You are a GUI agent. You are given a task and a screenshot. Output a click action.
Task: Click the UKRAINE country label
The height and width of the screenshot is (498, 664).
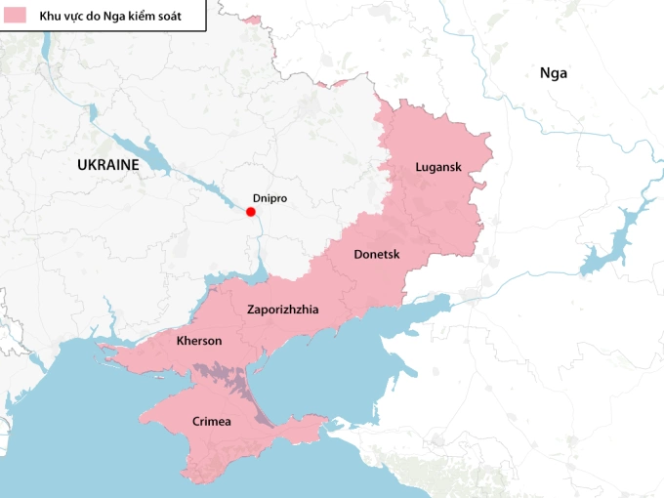coord(107,165)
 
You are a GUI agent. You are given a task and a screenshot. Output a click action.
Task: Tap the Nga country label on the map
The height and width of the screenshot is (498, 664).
coord(553,72)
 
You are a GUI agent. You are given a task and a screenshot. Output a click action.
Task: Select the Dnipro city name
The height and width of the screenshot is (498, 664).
coord(270,196)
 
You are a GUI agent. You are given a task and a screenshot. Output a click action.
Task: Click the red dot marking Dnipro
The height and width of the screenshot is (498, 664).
coord(251,212)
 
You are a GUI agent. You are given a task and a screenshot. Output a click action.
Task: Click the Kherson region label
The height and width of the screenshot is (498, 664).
coord(198,341)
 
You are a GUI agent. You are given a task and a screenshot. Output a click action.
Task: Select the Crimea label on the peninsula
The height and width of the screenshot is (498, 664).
coord(212,421)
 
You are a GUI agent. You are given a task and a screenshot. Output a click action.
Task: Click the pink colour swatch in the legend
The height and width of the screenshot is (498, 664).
coord(15,16)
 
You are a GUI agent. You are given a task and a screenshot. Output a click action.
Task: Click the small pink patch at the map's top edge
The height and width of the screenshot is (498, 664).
coord(251,20)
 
